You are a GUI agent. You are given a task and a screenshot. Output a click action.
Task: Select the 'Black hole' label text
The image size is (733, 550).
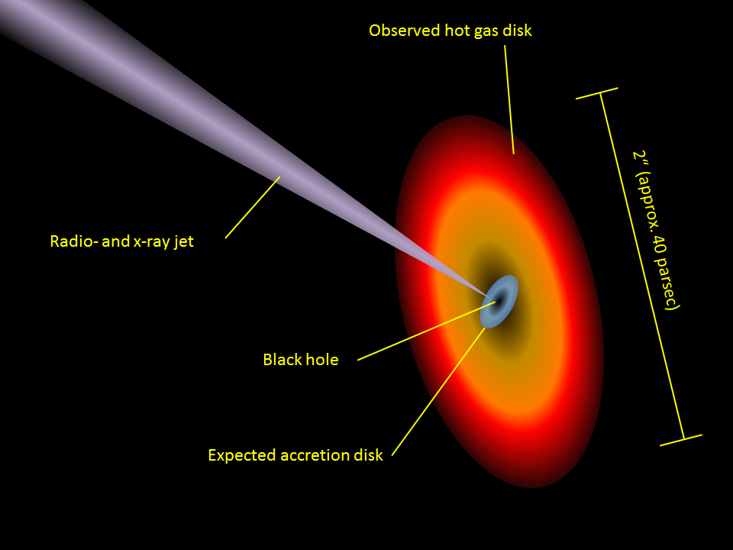(x=300, y=359)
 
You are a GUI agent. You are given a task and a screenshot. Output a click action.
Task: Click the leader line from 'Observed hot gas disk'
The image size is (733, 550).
(x=509, y=99)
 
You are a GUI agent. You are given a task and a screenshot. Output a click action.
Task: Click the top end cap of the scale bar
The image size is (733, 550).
(x=596, y=94)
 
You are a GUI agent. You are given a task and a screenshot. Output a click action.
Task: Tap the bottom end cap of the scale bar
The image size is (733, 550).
(x=681, y=440)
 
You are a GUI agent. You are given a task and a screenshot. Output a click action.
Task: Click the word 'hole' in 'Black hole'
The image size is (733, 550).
(x=321, y=359)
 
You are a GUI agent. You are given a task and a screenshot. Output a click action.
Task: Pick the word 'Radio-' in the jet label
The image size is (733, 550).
(x=71, y=242)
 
